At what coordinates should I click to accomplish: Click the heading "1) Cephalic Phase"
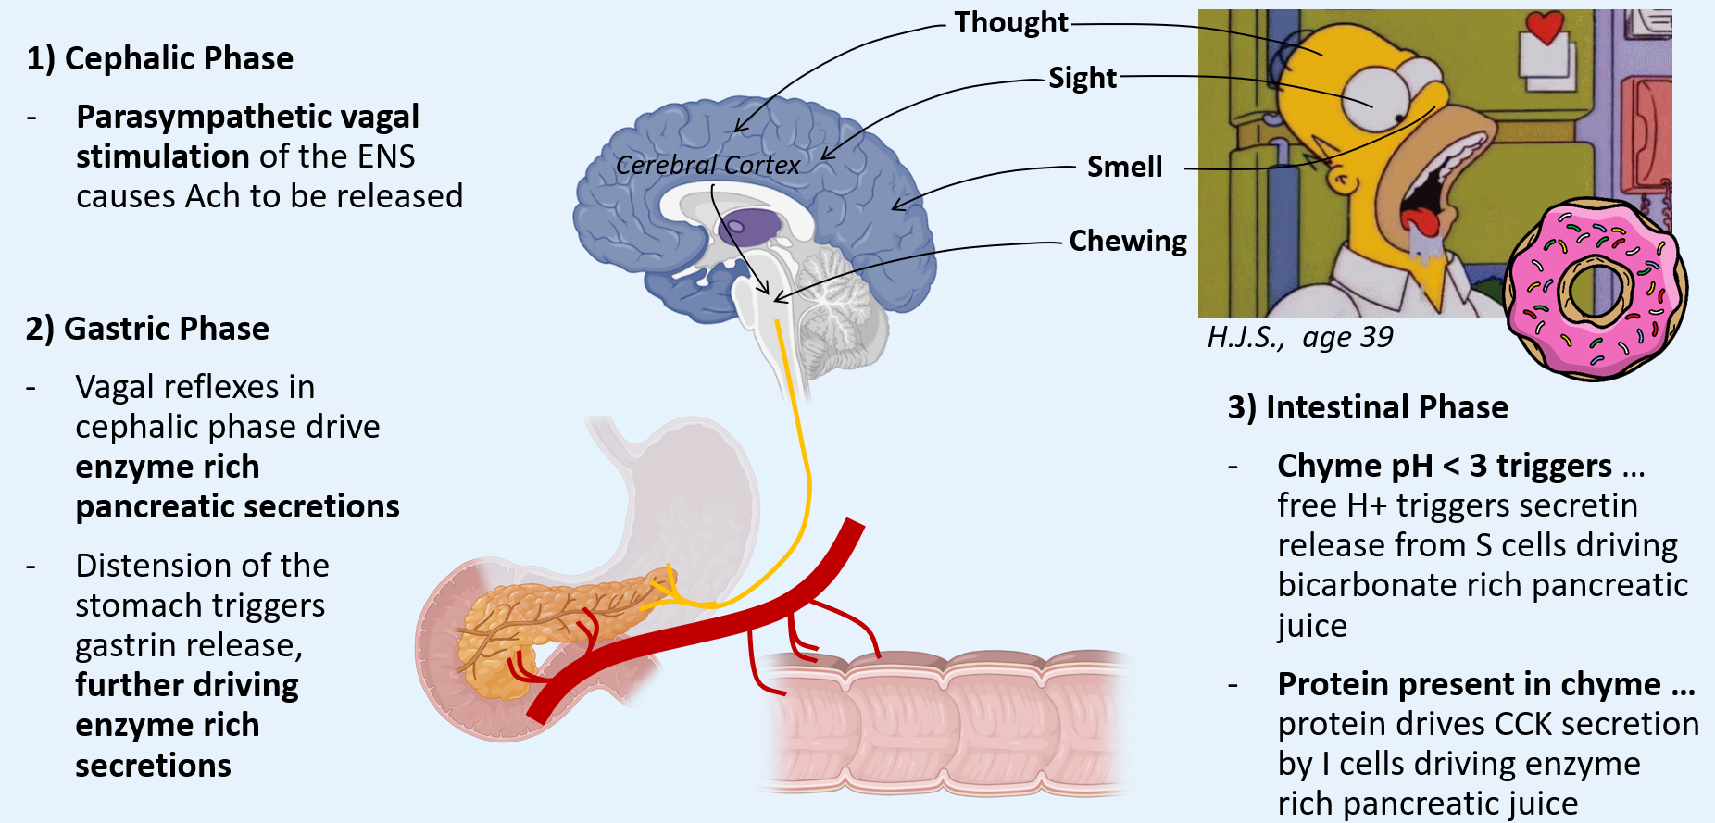tap(159, 58)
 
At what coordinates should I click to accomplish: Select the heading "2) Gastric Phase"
tap(147, 329)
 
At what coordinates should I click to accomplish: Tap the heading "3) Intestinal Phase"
tap(1368, 407)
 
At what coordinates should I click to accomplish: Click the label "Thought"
tap(1011, 22)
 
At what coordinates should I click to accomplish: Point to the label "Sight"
tap(1083, 78)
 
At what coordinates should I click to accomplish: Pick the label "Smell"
tap(1124, 167)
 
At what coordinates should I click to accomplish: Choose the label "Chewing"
tap(1128, 241)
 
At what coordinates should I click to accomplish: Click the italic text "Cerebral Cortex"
tap(707, 165)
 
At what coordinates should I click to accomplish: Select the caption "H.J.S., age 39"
tap(1299, 337)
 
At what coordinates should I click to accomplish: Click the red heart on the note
tap(1545, 27)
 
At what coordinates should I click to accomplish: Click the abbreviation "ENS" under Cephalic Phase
tap(385, 156)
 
